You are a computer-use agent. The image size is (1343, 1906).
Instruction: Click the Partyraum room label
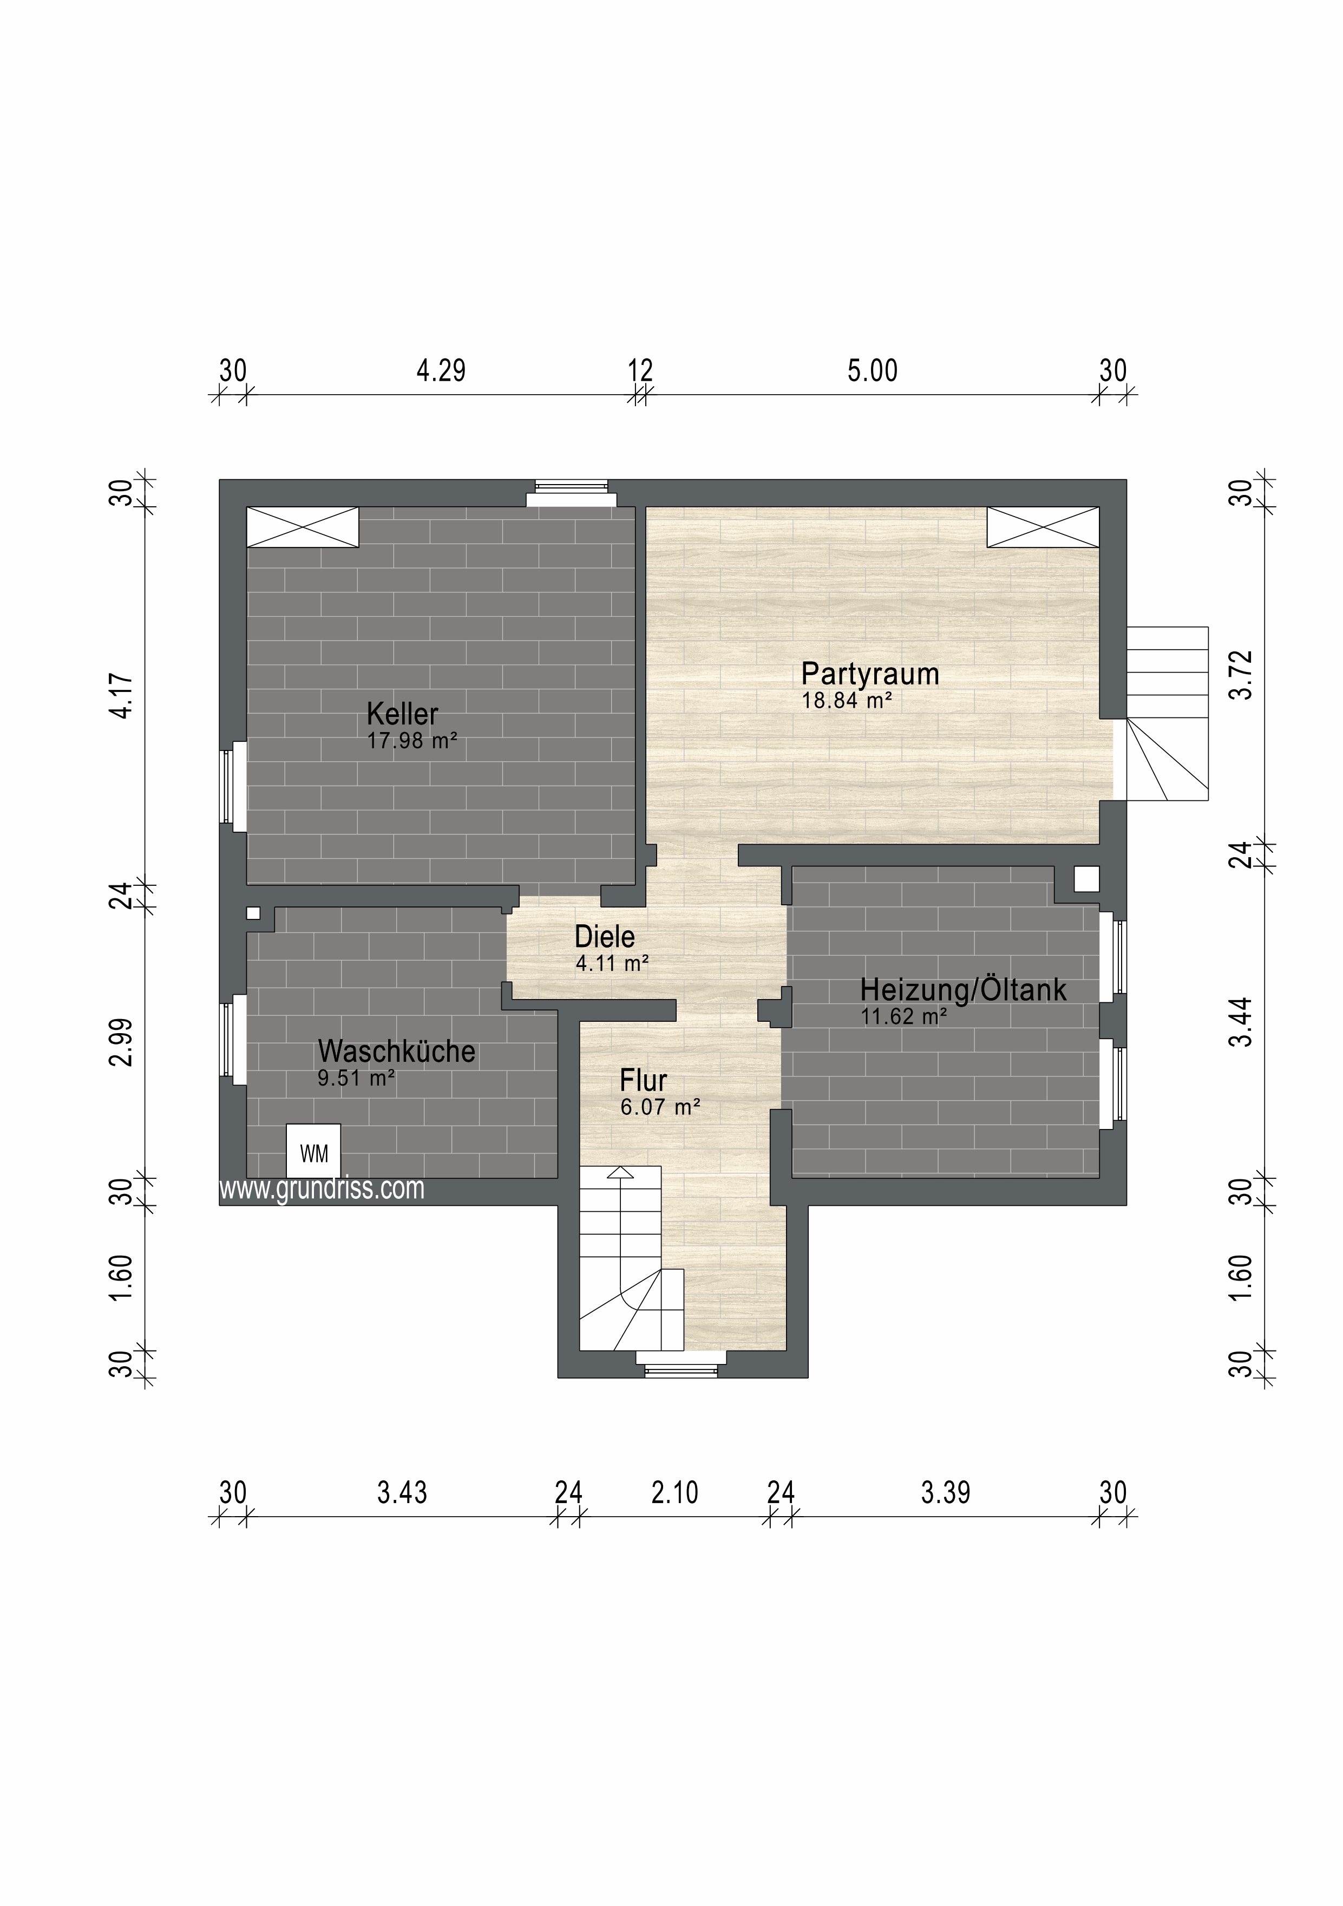870,674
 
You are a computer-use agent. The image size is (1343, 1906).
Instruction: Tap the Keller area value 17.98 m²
412,741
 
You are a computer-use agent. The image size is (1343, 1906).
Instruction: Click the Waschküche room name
397,1051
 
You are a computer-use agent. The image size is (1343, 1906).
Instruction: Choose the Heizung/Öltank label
964,989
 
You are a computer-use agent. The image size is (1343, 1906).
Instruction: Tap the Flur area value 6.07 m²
661,1107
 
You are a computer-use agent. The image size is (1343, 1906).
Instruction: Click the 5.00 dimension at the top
873,370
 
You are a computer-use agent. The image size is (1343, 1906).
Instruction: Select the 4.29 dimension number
441,370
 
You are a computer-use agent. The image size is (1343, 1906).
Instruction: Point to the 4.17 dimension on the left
121,696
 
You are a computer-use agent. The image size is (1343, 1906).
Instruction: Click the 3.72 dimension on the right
1240,676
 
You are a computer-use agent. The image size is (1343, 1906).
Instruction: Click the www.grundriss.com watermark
322,1189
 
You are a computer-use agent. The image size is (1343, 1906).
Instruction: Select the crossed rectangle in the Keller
303,527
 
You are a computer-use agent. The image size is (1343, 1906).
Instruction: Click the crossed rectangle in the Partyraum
1043,527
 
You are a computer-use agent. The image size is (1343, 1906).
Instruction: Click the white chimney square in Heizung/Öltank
1086,879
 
